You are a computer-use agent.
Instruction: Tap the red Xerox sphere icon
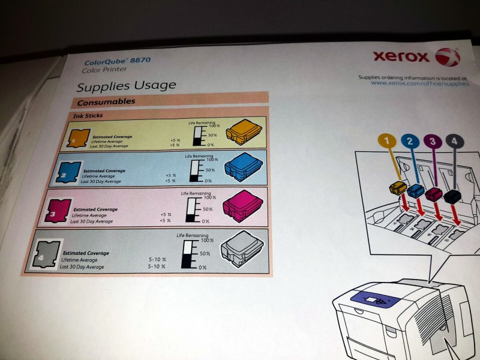point(448,58)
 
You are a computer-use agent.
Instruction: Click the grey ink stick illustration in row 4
point(241,247)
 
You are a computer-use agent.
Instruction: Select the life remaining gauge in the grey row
point(190,254)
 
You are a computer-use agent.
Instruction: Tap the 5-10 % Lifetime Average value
point(157,260)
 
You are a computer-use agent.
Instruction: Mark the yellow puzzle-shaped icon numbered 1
point(79,138)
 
